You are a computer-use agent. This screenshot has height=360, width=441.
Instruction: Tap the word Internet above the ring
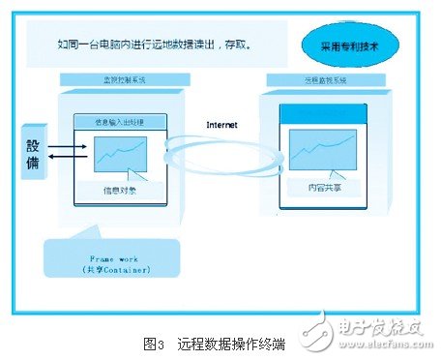[223, 126]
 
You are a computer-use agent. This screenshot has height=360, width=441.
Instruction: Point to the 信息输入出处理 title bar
[120, 121]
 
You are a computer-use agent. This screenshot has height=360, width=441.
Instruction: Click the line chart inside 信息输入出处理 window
[120, 152]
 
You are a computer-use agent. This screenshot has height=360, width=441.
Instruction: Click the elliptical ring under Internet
[221, 154]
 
